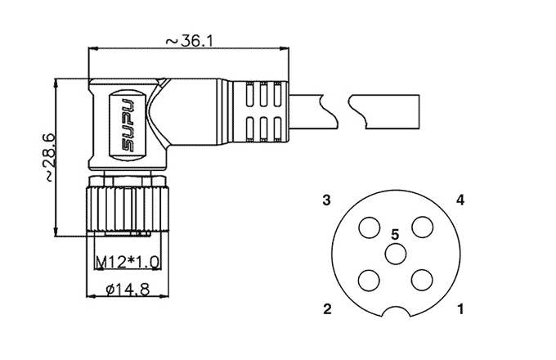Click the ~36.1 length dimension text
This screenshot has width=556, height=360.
point(189,41)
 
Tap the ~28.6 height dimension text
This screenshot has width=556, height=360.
point(49,157)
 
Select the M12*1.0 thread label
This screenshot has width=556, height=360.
point(128,262)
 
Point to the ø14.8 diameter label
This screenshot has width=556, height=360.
point(128,289)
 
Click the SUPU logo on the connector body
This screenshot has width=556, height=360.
point(127,125)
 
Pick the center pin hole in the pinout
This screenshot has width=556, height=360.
point(396,254)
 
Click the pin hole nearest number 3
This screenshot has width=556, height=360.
point(370,227)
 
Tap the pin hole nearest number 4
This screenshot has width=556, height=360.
point(423,227)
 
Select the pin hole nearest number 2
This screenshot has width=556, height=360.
point(369,281)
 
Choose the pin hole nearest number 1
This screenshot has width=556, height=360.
point(423,280)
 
